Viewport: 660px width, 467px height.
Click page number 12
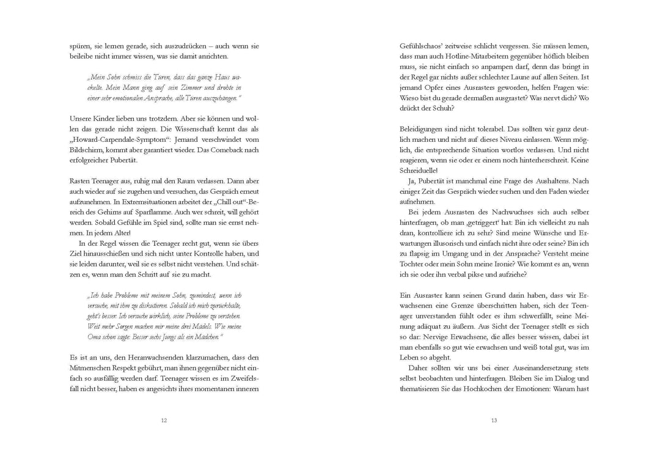[164, 421]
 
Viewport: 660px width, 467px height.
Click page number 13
[494, 421]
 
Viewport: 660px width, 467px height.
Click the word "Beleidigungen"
[426, 131]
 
